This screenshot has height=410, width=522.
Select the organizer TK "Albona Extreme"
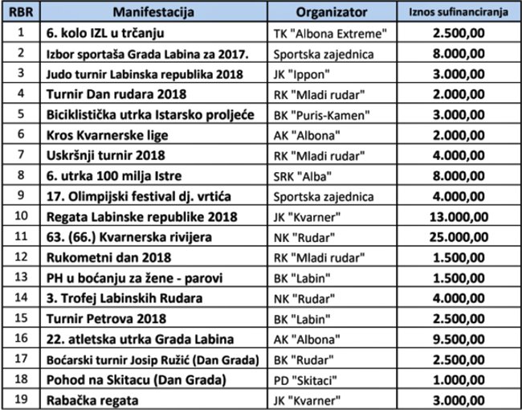tap(332, 35)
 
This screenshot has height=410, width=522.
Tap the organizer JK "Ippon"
tap(304, 75)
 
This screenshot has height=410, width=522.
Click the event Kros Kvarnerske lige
tap(104, 135)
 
